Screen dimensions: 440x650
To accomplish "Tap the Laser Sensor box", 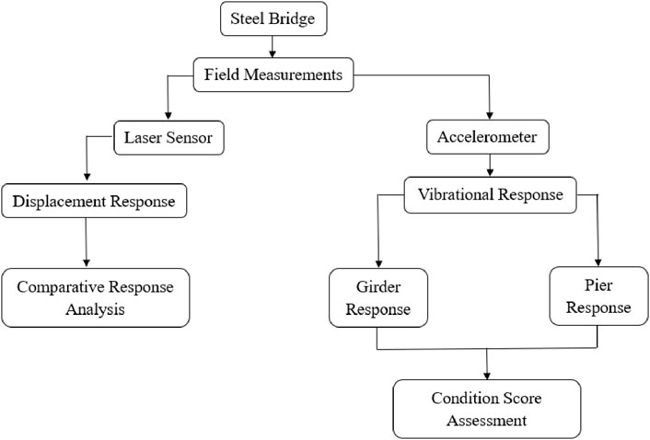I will tap(169, 139).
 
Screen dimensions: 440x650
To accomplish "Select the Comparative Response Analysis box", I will tap(96, 297).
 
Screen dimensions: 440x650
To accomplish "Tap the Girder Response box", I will tap(377, 297).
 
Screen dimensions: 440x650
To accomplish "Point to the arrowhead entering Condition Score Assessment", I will tap(485, 374).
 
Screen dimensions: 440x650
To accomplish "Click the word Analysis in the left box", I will tap(96, 309).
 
